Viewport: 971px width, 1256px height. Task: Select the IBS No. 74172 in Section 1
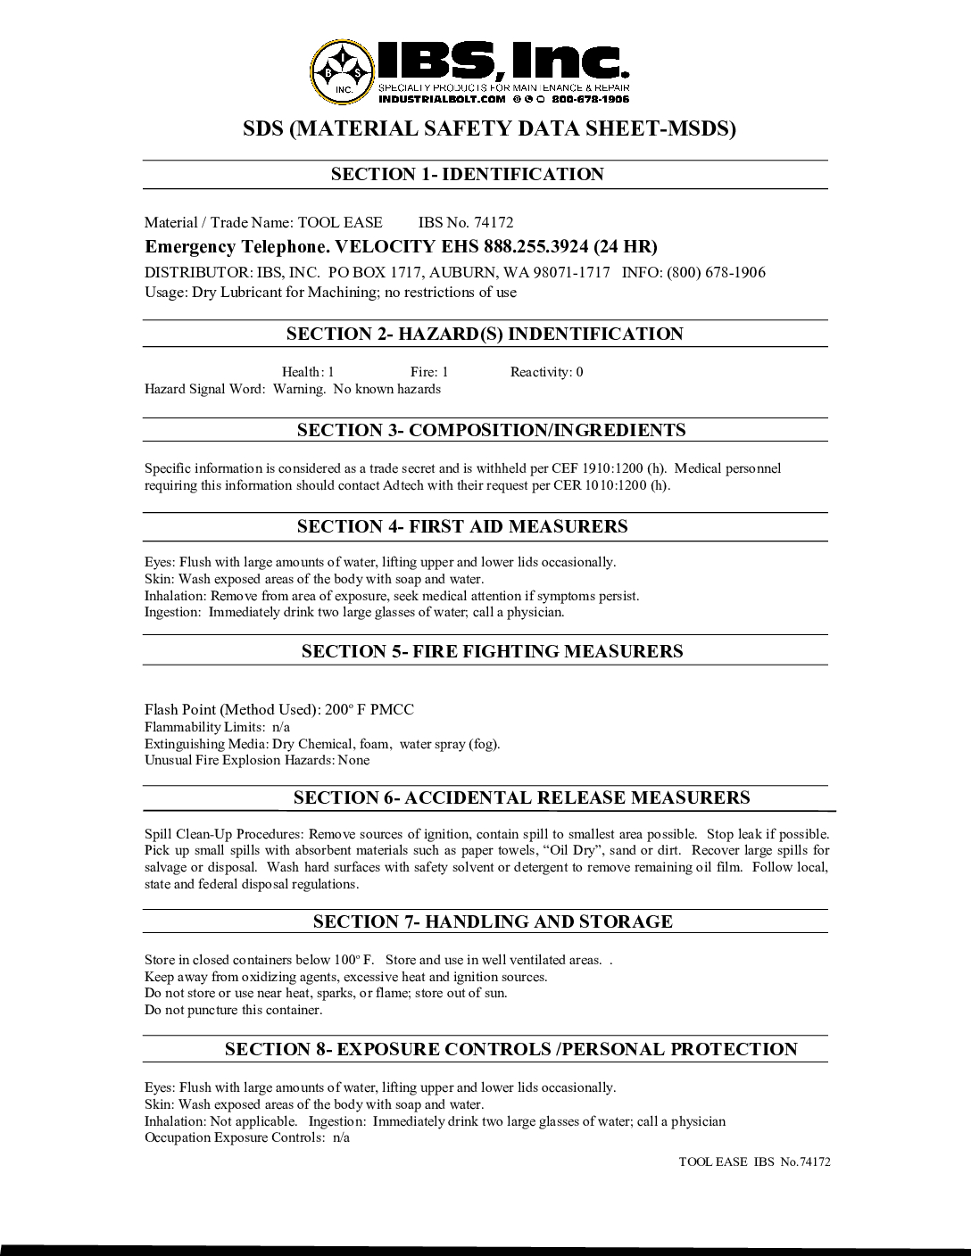click(466, 223)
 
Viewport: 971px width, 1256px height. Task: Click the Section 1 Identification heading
click(467, 175)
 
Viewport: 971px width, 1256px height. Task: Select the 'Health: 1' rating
click(308, 372)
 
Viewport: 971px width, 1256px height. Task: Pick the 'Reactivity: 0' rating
click(546, 372)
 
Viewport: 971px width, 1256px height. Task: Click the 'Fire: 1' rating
click(429, 372)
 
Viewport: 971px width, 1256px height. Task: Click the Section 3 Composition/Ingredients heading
click(491, 430)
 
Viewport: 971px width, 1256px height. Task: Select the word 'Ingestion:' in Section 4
click(173, 612)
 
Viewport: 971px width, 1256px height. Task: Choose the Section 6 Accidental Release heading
click(521, 797)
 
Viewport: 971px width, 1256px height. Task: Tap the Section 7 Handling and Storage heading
click(493, 921)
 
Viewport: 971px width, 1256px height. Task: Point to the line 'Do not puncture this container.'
click(233, 1010)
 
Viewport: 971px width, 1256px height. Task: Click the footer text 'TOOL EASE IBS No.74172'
click(754, 1162)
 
